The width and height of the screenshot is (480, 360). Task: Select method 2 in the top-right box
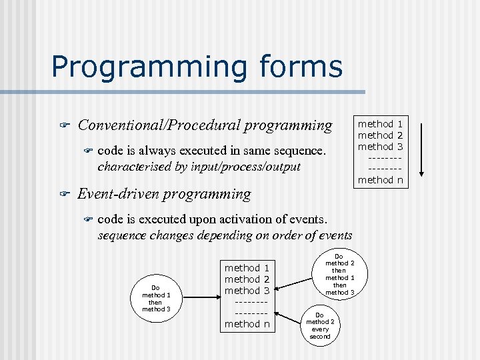380,135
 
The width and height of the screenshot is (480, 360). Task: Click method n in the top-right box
380,179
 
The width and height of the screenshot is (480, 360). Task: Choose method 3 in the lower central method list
247,291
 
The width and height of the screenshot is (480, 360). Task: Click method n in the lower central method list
247,324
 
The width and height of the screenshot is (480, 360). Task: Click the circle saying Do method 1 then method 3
157,298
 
